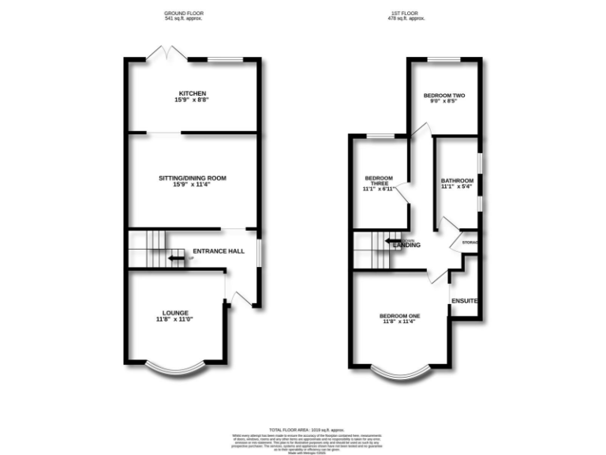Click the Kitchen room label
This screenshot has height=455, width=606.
tap(193, 93)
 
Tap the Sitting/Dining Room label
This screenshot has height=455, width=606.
tap(193, 179)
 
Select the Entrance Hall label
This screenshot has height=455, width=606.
tap(215, 251)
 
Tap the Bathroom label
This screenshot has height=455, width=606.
tap(457, 180)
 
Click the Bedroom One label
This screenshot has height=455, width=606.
tap(401, 316)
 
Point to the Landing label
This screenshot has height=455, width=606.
tap(407, 245)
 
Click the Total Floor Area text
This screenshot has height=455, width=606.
tap(302, 427)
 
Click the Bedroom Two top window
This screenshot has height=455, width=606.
tap(444, 59)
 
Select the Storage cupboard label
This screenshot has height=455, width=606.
tap(470, 242)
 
